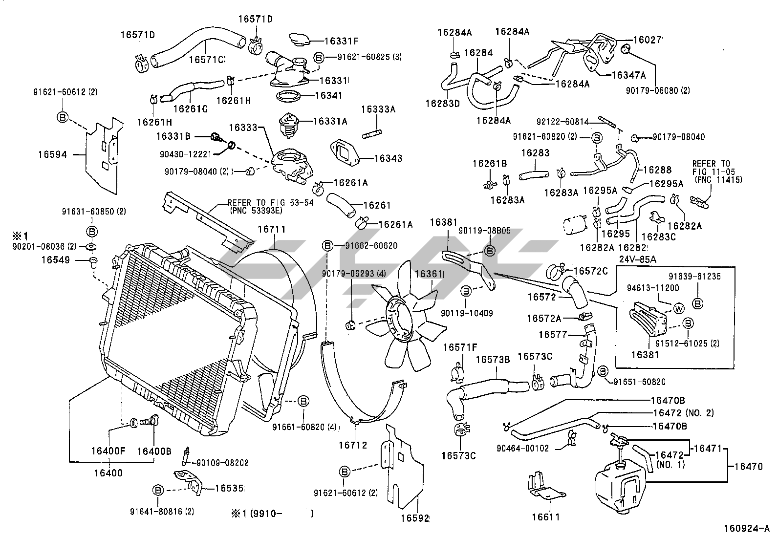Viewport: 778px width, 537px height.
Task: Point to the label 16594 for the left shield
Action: coord(52,155)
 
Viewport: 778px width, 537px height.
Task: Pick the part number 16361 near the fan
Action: coord(429,275)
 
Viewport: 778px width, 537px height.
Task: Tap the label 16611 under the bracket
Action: coord(545,516)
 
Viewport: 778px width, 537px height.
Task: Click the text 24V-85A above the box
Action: coord(637,259)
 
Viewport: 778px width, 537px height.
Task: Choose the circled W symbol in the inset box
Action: coord(679,308)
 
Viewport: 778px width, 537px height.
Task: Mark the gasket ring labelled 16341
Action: coord(288,96)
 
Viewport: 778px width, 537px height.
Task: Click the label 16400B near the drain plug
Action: coord(153,451)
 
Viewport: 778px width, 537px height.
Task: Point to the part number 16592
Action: coord(416,517)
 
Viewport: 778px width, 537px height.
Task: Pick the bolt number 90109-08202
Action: coord(222,462)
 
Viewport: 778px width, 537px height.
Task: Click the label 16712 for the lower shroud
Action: coord(353,445)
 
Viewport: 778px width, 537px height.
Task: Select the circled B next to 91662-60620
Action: coord(328,246)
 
